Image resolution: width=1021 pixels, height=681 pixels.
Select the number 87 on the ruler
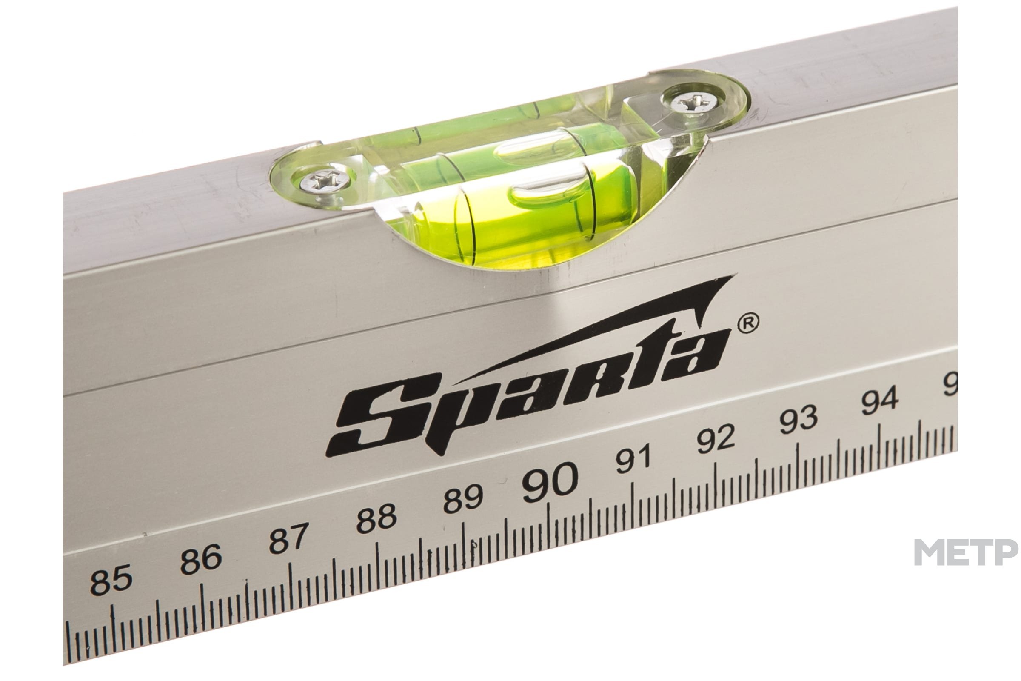[289, 538]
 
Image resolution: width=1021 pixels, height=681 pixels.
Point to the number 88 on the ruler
[376, 518]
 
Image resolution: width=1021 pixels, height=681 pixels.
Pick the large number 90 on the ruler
[550, 481]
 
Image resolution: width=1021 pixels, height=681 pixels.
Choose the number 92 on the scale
[717, 439]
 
